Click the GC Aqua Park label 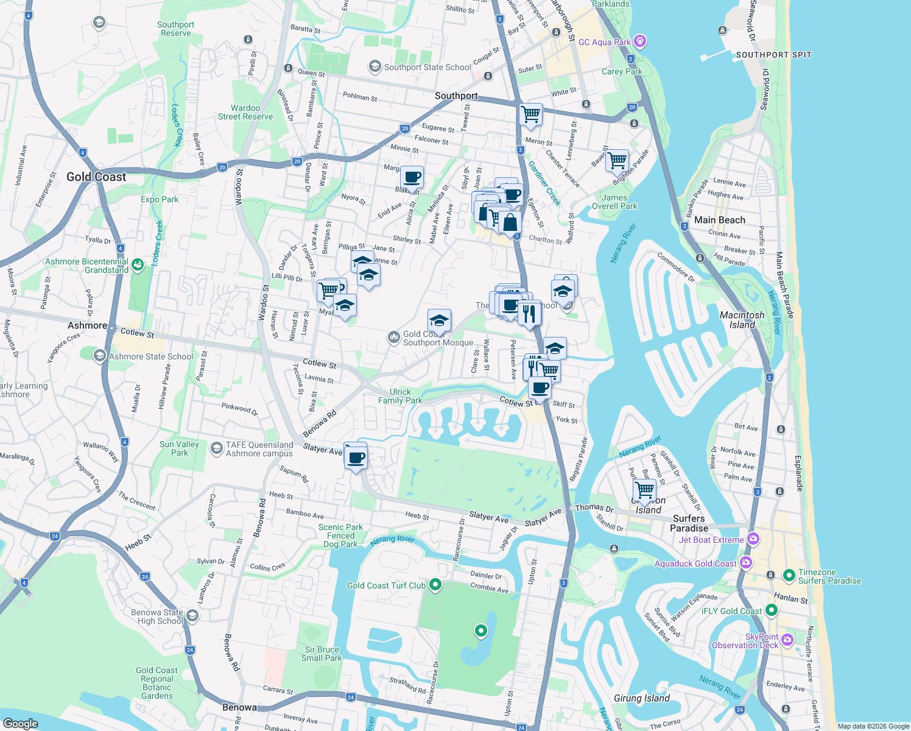coord(604,42)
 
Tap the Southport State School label coord(427,67)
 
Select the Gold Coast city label coord(96,177)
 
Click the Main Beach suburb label coord(719,220)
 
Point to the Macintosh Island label coord(742,320)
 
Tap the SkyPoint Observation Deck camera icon coord(787,639)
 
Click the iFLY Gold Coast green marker coord(772,610)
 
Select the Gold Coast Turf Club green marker coord(435,585)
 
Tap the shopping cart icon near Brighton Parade coord(617,161)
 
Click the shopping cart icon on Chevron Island coord(644,489)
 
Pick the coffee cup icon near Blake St coord(412,177)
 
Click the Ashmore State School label coord(150,356)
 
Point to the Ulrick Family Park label coord(400,396)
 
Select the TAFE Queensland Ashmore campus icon coord(216,448)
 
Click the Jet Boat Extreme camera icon coord(754,539)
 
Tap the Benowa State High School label coord(157,616)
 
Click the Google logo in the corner coord(20,723)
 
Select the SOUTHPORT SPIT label coord(773,55)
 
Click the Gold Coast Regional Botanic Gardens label coord(157,683)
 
